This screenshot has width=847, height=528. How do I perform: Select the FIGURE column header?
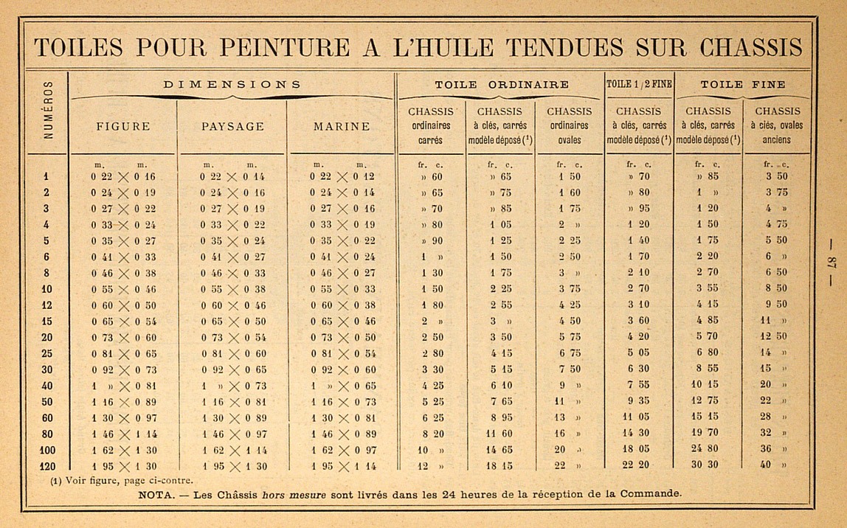point(122,126)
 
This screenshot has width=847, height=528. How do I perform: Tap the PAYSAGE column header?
point(232,126)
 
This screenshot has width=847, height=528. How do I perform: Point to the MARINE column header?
point(342,126)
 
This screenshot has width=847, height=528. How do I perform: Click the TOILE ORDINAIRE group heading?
point(501,84)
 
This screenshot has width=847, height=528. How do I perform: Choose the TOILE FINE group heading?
point(742,84)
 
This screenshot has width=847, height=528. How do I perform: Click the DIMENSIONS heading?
point(232,84)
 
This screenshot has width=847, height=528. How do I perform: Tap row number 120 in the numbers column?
point(46,465)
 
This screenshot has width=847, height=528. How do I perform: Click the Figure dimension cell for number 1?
point(122,176)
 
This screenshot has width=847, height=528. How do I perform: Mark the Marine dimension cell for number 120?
point(342,465)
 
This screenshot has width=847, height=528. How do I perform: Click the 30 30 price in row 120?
point(708,465)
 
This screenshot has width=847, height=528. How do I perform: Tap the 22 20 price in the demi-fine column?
point(639,465)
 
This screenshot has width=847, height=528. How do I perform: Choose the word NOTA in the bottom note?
point(154,494)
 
